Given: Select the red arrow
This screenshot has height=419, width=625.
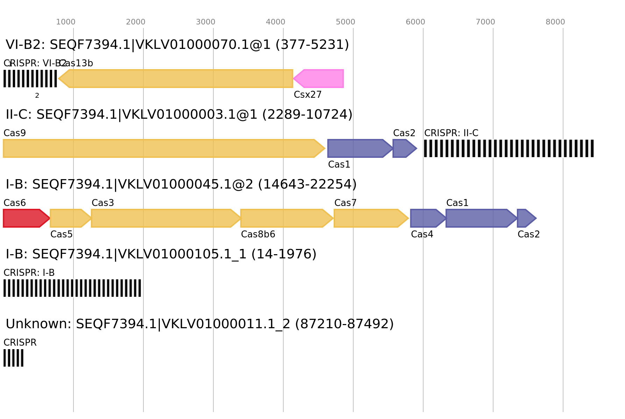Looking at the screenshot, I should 25,218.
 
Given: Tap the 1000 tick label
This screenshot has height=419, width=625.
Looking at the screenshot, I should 66,22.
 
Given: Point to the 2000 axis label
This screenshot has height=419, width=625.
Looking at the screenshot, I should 136,22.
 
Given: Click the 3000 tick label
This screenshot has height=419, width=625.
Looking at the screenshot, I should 206,22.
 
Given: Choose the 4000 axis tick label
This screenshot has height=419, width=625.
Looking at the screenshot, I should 276,22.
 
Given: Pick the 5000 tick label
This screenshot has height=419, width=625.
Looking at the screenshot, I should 346,22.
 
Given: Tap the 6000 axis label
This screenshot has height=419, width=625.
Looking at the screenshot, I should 416,22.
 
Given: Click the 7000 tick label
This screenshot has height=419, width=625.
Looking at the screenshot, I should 485,22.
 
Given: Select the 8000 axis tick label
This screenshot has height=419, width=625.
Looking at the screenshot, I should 555,22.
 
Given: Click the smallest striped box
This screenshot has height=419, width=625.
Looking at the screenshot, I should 13,358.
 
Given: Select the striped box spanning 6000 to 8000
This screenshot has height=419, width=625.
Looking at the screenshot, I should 509,148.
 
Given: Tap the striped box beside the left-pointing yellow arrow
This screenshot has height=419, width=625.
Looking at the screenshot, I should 30,79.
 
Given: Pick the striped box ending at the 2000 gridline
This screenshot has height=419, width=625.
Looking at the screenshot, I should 72,288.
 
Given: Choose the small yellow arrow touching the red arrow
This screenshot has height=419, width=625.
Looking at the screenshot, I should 69,218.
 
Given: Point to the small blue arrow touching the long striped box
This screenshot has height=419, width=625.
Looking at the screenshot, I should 404,148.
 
